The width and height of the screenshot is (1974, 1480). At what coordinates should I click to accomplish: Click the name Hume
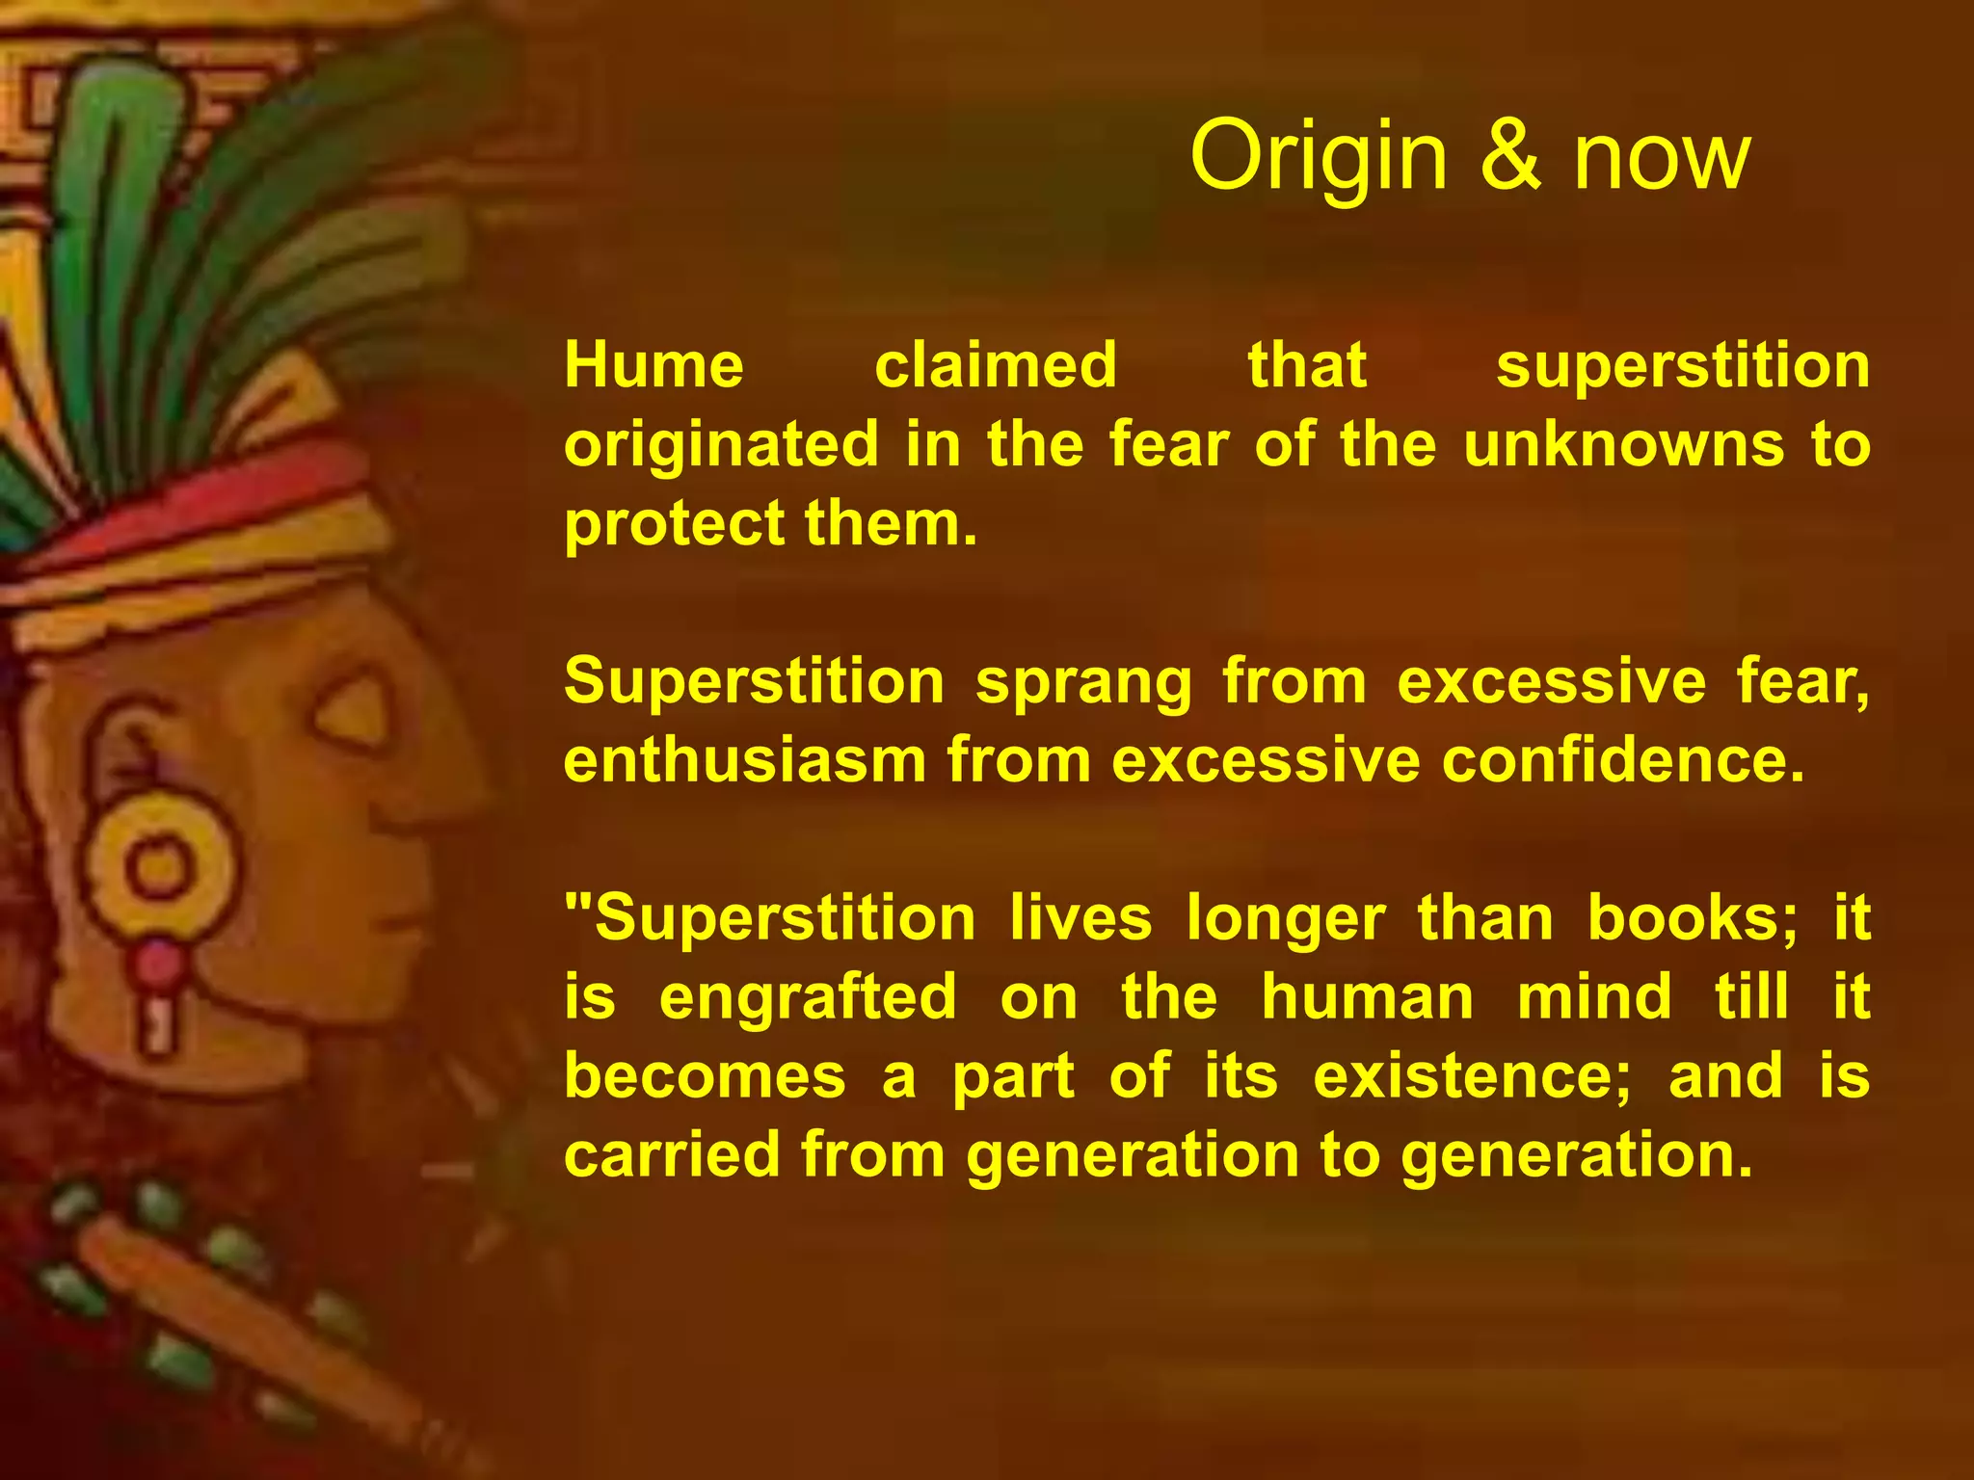(x=654, y=366)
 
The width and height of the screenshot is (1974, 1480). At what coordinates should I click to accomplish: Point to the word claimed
(x=996, y=366)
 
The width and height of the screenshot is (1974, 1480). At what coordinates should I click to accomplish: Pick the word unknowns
(x=1624, y=445)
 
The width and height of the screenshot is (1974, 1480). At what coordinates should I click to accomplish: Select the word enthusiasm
(x=744, y=761)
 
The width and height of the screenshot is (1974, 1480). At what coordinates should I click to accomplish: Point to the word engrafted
(x=808, y=997)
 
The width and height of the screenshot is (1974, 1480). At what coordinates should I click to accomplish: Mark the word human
(x=1368, y=997)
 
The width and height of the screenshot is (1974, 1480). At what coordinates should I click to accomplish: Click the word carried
(x=671, y=1155)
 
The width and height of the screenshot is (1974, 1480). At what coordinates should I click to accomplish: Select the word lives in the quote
(x=1081, y=918)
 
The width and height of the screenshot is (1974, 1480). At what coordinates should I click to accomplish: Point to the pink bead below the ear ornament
(x=157, y=963)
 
